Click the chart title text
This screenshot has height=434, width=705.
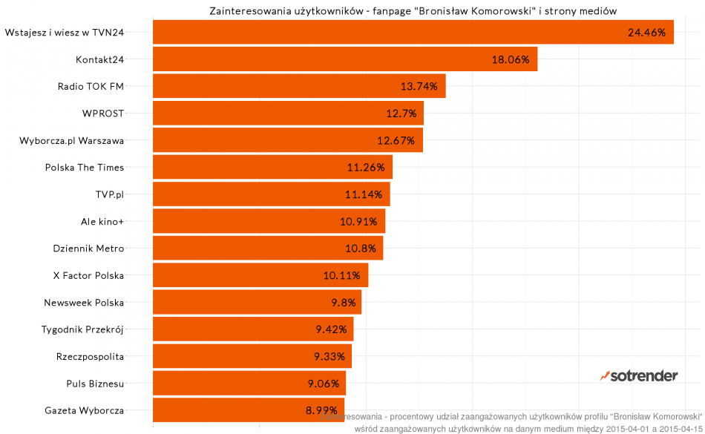coord(409,10)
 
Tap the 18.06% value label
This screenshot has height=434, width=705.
coord(511,59)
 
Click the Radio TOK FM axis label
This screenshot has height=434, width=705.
coord(91,86)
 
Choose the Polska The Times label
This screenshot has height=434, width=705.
coord(85,167)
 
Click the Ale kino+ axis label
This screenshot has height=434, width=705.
coord(102,221)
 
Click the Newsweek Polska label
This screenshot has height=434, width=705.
coord(84,302)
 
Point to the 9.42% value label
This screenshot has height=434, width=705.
coord(330,329)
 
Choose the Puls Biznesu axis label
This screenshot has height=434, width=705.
coord(95,384)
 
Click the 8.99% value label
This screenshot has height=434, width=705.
coord(321,410)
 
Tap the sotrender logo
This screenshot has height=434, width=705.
coord(639,375)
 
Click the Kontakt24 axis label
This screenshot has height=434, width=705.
coord(100,59)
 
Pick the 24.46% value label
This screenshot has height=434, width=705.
coord(646,32)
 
